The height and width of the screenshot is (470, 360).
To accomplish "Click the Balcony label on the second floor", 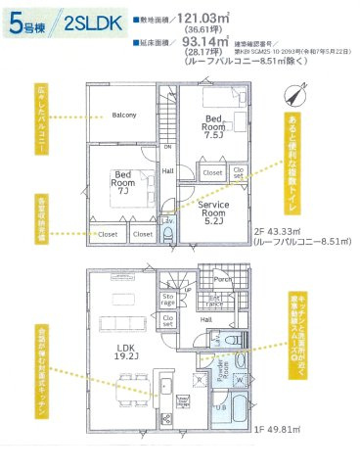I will (x=123, y=115).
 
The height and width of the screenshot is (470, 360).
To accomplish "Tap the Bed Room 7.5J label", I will (x=213, y=126).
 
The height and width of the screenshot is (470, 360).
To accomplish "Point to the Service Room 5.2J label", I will (x=213, y=211).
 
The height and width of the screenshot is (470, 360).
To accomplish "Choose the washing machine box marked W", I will (x=239, y=379).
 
